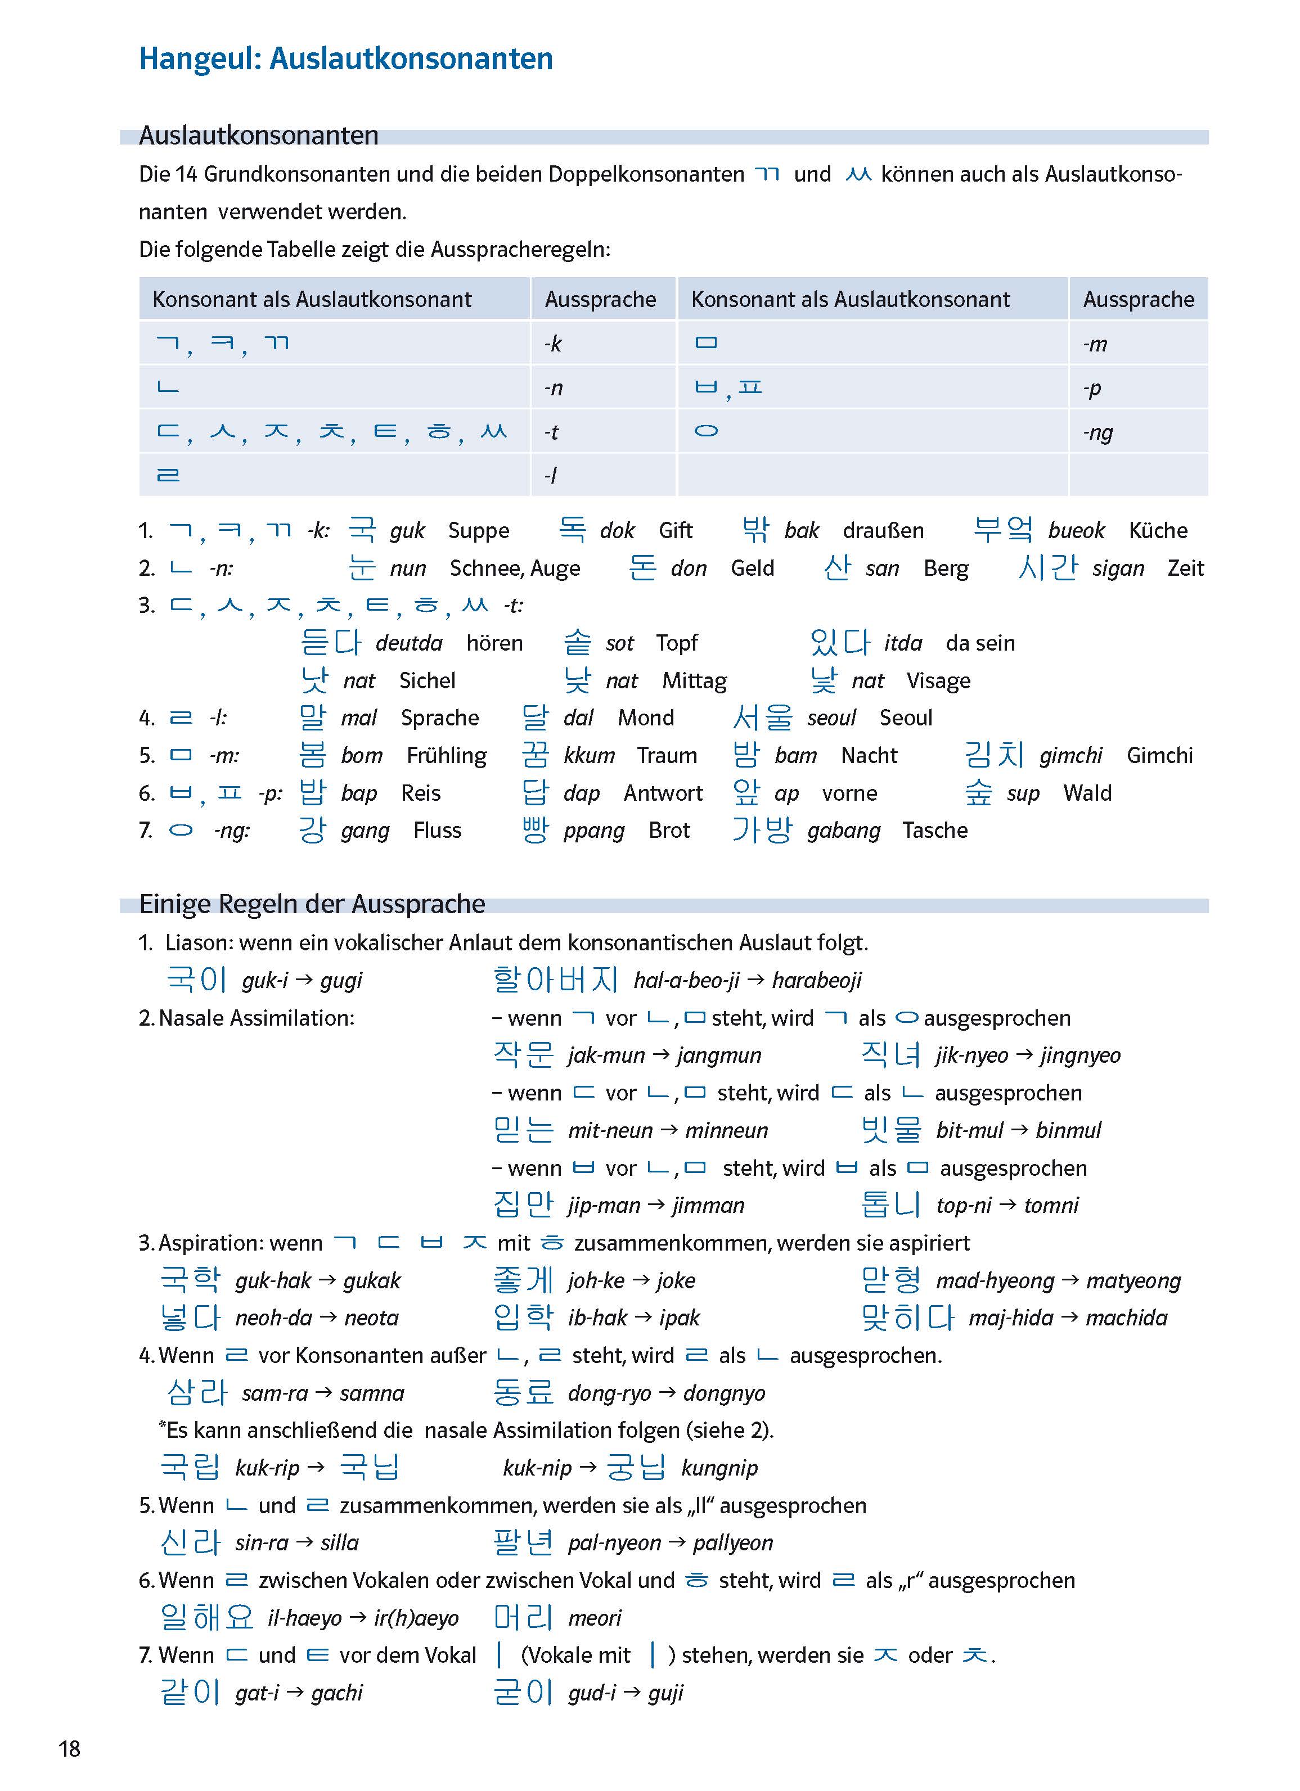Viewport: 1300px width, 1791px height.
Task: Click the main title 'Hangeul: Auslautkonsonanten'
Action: [346, 59]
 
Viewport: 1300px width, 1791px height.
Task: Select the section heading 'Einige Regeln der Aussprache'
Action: [312, 904]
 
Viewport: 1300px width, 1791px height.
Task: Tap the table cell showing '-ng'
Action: [1098, 432]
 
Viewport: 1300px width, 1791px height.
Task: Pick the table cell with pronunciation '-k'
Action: [553, 344]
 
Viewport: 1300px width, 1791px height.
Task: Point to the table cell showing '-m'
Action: [1095, 344]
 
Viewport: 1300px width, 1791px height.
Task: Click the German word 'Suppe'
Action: [479, 531]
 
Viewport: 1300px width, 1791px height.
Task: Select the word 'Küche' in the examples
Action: [1158, 531]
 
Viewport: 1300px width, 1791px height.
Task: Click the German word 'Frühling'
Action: [446, 756]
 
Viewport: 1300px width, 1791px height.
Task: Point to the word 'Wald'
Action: [1087, 793]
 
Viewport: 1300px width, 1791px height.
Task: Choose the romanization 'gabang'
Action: [843, 831]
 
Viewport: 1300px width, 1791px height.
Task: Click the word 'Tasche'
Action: [935, 831]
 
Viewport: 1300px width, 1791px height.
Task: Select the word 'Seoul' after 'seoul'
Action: [906, 718]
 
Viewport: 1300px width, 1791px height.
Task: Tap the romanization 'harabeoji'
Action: [817, 981]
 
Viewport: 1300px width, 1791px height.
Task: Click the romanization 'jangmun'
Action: [719, 1056]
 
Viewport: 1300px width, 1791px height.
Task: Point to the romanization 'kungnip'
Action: [719, 1468]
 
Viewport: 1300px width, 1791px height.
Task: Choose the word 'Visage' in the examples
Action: [938, 681]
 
